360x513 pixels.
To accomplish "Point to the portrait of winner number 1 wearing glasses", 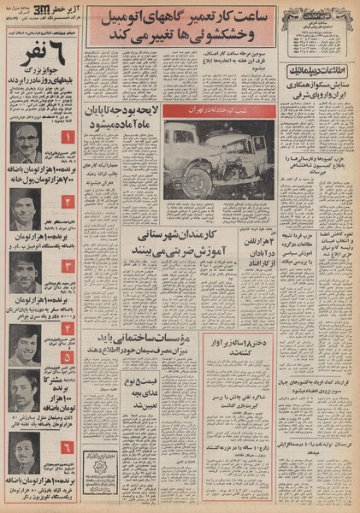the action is [x=26, y=141].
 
